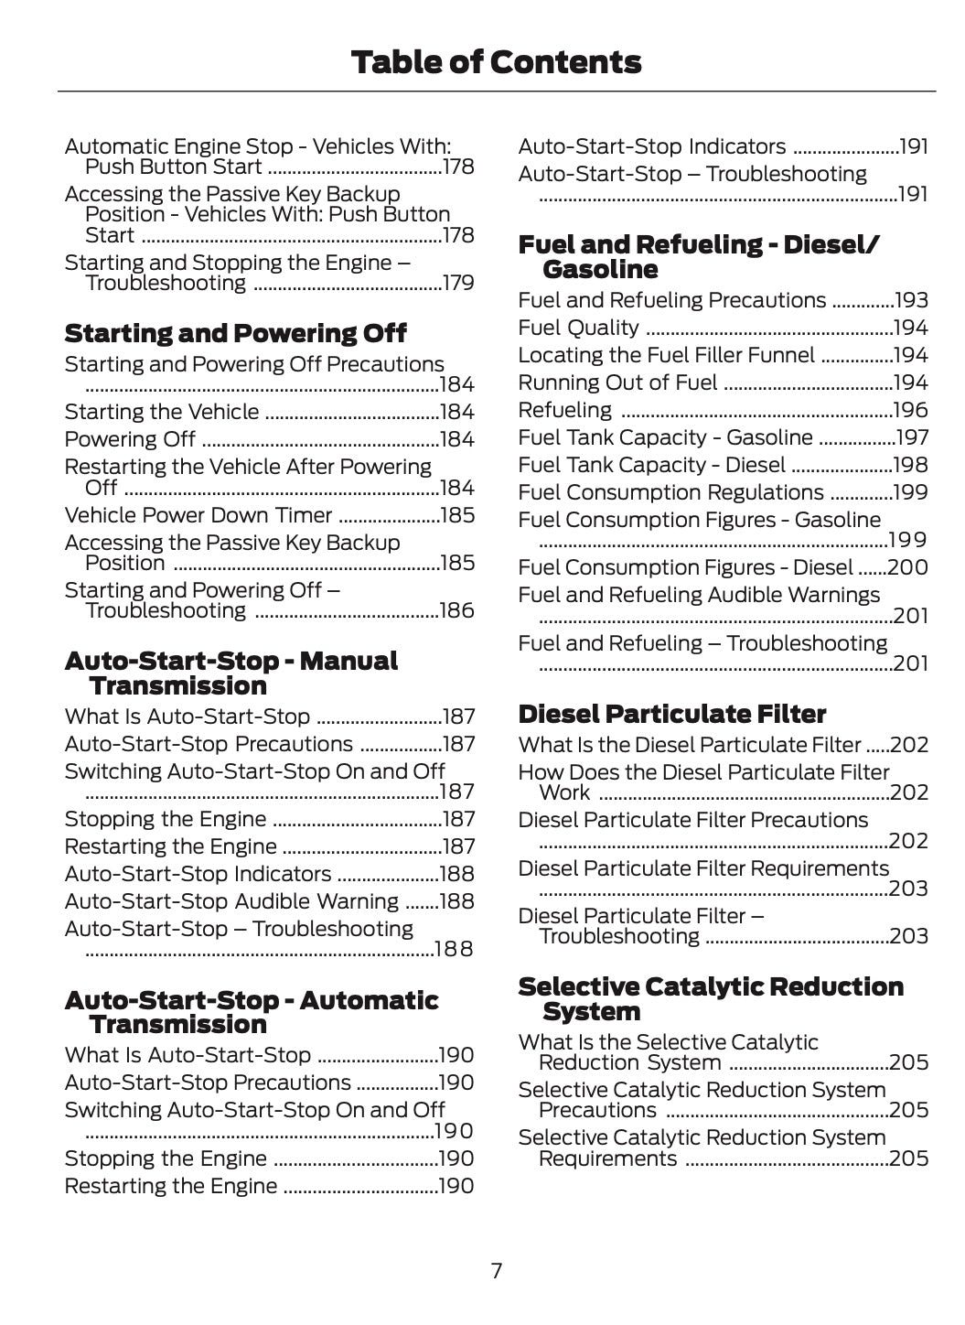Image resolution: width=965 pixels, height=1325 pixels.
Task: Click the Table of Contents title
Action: pos(496,62)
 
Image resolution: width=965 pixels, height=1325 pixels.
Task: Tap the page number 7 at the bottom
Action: pos(496,1270)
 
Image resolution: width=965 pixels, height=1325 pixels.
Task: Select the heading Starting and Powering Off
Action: pos(235,333)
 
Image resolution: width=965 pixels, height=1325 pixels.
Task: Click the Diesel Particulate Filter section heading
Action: pos(671,714)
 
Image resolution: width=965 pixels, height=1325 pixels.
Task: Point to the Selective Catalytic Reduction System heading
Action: pos(710,998)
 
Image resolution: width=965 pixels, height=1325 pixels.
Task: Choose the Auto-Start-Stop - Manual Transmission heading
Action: pos(231,673)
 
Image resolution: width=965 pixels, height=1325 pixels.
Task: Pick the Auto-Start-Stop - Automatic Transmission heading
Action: pos(251,1012)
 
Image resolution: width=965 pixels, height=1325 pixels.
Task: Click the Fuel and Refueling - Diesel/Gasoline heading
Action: pos(698,256)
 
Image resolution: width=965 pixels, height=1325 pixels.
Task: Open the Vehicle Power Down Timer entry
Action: pos(198,515)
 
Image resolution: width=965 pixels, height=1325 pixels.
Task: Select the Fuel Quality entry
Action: pos(578,328)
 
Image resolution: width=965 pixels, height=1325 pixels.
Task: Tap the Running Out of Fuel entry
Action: pos(617,382)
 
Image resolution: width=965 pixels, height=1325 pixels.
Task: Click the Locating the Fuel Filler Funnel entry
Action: pos(665,355)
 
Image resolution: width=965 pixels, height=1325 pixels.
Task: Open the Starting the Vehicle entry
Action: pos(162,412)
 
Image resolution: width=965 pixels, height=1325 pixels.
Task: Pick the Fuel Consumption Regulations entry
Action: pos(670,492)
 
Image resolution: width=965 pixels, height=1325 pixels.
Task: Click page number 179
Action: pos(457,283)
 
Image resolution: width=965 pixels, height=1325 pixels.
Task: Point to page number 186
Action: pos(456,610)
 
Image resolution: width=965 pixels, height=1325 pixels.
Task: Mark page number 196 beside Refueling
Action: pos(910,410)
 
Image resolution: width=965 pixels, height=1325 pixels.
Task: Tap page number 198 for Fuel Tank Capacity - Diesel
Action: pos(910,465)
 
